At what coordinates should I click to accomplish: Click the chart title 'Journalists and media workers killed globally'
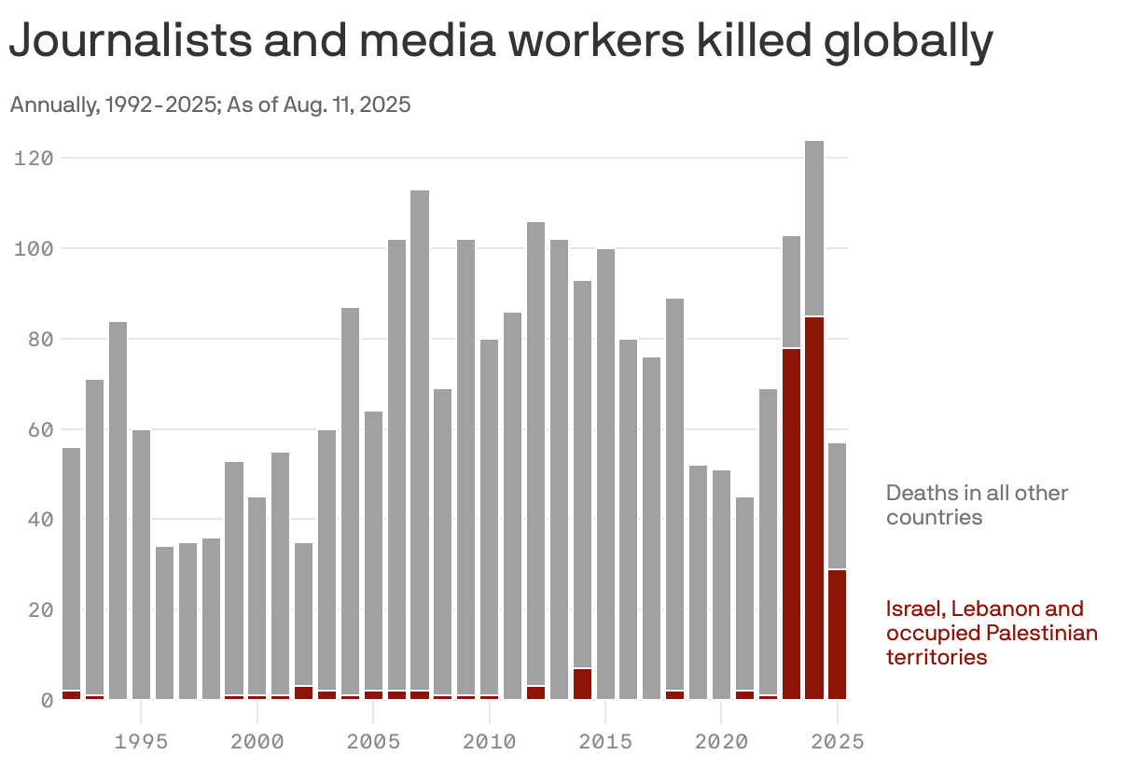point(501,43)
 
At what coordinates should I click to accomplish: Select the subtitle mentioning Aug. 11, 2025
point(210,105)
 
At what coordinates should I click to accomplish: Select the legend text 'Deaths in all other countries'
point(977,505)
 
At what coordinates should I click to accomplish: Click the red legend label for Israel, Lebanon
point(991,633)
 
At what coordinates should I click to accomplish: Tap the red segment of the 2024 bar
point(814,509)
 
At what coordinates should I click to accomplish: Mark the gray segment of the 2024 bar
point(814,229)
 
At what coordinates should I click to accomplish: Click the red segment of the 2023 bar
point(791,524)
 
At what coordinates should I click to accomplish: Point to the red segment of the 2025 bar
point(837,635)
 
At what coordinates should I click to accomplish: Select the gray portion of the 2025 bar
point(837,505)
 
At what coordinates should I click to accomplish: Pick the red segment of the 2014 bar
point(582,684)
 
